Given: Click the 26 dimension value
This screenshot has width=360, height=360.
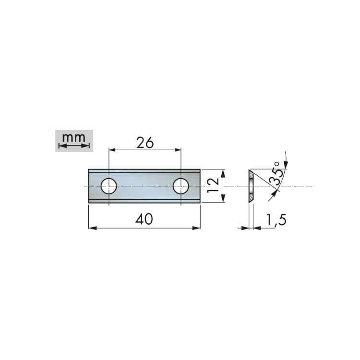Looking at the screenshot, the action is click(145, 143).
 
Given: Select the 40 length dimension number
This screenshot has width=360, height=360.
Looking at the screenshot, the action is click(144, 219).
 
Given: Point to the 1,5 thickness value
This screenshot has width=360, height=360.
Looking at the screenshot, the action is click(276, 220).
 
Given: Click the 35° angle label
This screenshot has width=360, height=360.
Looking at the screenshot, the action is click(275, 174).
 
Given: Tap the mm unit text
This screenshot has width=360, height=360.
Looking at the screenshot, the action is click(74, 138).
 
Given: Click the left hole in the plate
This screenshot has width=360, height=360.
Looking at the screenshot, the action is click(109, 186).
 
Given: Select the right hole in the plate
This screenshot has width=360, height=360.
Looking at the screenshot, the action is click(181, 186).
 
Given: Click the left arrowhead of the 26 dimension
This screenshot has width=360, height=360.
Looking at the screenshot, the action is click(112, 150).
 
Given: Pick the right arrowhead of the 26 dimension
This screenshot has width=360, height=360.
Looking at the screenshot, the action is click(178, 150).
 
